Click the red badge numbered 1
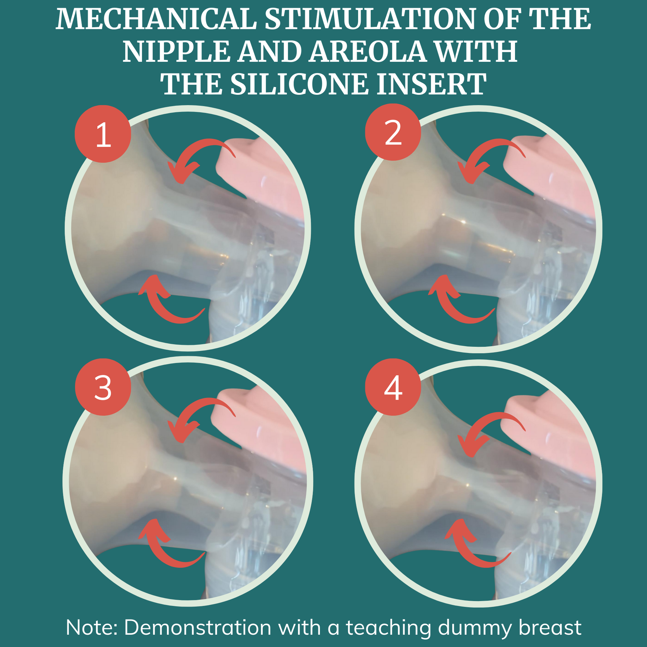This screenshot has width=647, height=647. (102, 134)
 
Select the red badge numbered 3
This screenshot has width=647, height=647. (102, 387)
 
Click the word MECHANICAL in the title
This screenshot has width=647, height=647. (156, 19)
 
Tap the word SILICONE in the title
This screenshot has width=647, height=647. (299, 84)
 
